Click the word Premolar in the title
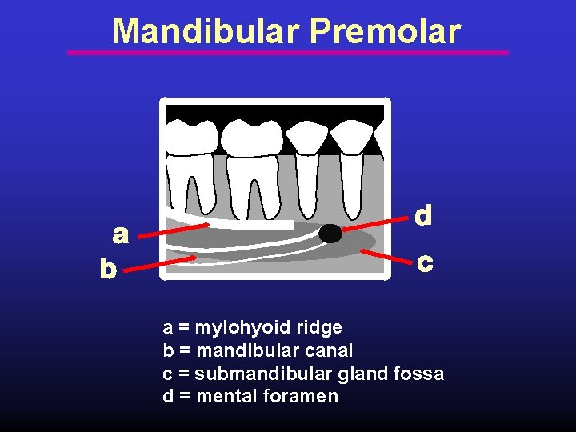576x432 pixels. click(x=385, y=31)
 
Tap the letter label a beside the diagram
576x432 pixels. click(x=120, y=234)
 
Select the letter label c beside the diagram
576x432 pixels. click(x=426, y=262)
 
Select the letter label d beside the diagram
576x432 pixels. click(x=423, y=215)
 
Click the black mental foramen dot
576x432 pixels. click(x=330, y=233)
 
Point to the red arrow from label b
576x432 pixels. click(x=160, y=265)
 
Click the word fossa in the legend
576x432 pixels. click(x=419, y=374)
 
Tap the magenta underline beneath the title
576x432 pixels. click(x=288, y=53)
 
